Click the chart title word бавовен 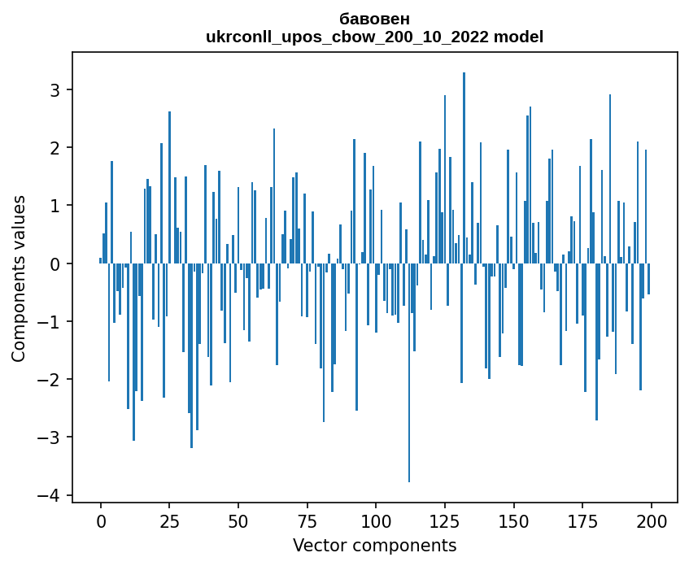374,19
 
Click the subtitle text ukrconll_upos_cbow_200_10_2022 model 374,37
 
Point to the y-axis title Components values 18,278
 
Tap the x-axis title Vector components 374,545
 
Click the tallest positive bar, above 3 464,163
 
